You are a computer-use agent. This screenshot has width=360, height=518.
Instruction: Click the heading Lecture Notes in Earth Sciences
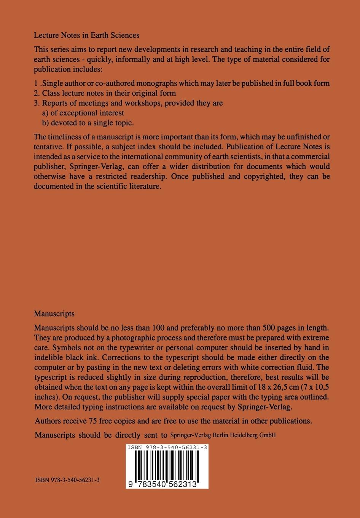(x=86, y=35)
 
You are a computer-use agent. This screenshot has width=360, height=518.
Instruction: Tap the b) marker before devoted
(x=45, y=123)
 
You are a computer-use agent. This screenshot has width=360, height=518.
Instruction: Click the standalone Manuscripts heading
(x=54, y=314)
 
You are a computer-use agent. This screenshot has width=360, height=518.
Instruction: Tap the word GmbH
(x=268, y=435)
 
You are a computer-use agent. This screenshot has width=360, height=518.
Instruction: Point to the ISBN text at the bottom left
(x=67, y=480)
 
